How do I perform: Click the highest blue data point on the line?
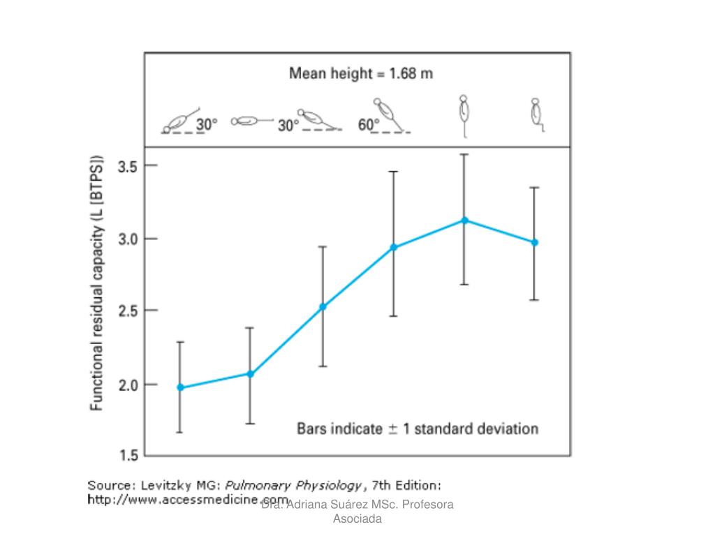coord(464,221)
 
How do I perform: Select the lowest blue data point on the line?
coord(180,387)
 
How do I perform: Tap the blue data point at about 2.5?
coord(323,306)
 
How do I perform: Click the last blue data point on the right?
coord(535,242)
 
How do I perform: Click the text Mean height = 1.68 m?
coord(361,74)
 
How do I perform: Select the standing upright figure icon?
coord(464,115)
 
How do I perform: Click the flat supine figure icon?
coord(251,121)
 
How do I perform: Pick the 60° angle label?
coord(368,124)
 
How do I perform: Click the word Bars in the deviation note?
coord(314,428)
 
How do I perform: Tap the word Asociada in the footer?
coord(357,519)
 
